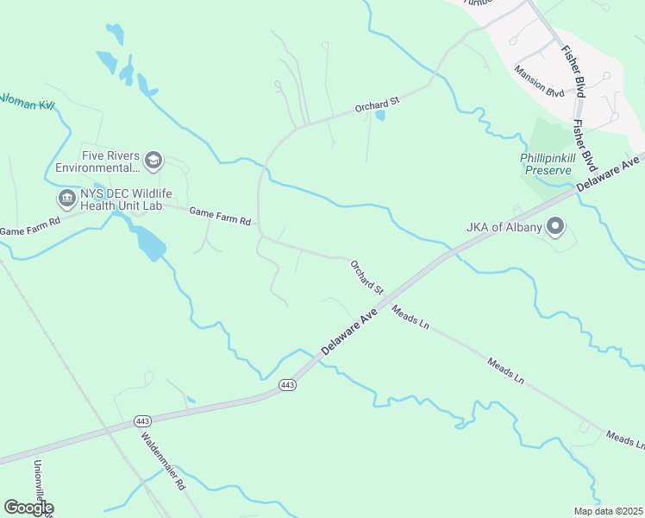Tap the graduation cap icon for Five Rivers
(153, 160)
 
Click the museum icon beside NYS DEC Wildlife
(66, 199)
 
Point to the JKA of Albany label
(504, 228)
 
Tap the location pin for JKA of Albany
(555, 228)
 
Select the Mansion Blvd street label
(539, 80)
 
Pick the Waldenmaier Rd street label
(164, 460)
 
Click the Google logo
(28, 509)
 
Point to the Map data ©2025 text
(609, 511)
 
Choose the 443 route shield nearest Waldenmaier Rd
(143, 421)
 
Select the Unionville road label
(41, 487)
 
